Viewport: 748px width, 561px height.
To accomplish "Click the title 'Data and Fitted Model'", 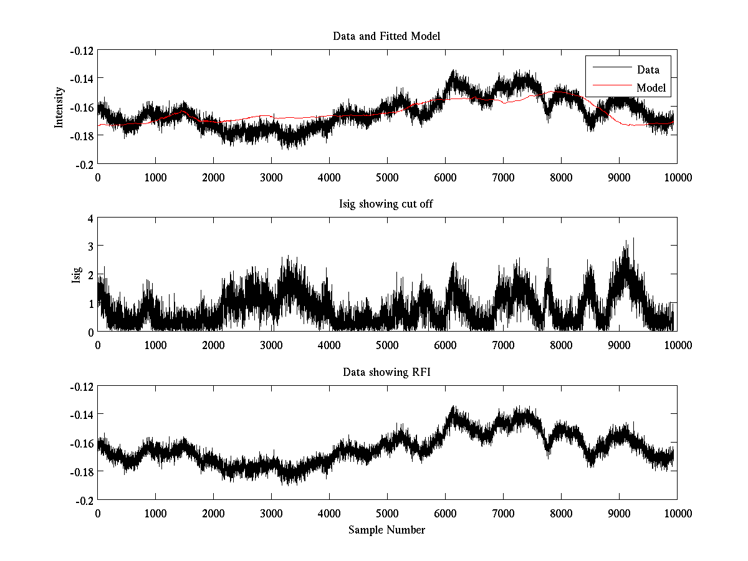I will pos(386,36).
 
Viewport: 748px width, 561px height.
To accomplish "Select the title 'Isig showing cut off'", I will pos(386,204).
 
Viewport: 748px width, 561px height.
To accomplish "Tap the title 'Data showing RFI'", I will pos(386,373).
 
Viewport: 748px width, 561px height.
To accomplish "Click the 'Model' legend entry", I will pos(651,88).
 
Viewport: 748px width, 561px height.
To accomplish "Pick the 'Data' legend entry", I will pos(648,70).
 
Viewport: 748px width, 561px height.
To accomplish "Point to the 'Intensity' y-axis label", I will pos(59,107).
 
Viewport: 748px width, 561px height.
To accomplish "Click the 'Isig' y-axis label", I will pos(76,275).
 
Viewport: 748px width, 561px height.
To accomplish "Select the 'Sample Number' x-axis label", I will pos(386,530).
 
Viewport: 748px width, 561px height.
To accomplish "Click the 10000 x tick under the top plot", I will pos(677,177).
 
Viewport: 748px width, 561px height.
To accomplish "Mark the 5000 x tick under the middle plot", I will pos(387,345).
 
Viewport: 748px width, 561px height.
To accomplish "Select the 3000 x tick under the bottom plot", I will pos(271,514).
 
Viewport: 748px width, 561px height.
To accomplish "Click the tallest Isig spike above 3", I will pos(633,239).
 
